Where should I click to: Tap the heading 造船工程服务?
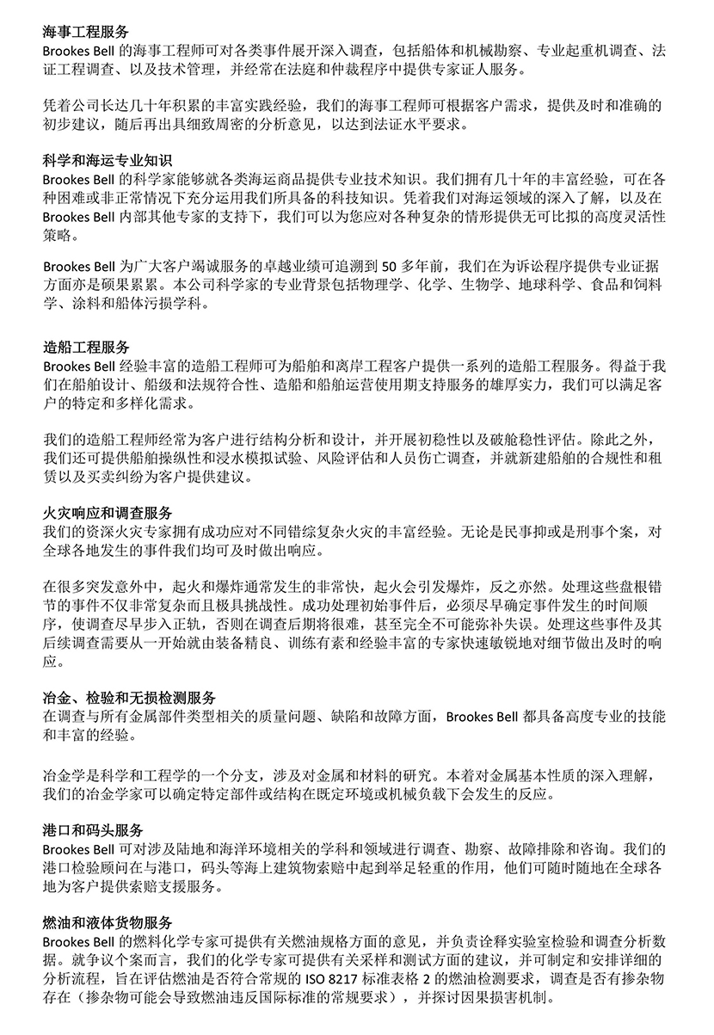tap(87, 348)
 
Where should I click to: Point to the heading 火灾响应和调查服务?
tap(108, 513)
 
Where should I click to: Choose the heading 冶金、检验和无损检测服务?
tap(129, 697)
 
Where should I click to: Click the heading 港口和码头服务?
tap(94, 829)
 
